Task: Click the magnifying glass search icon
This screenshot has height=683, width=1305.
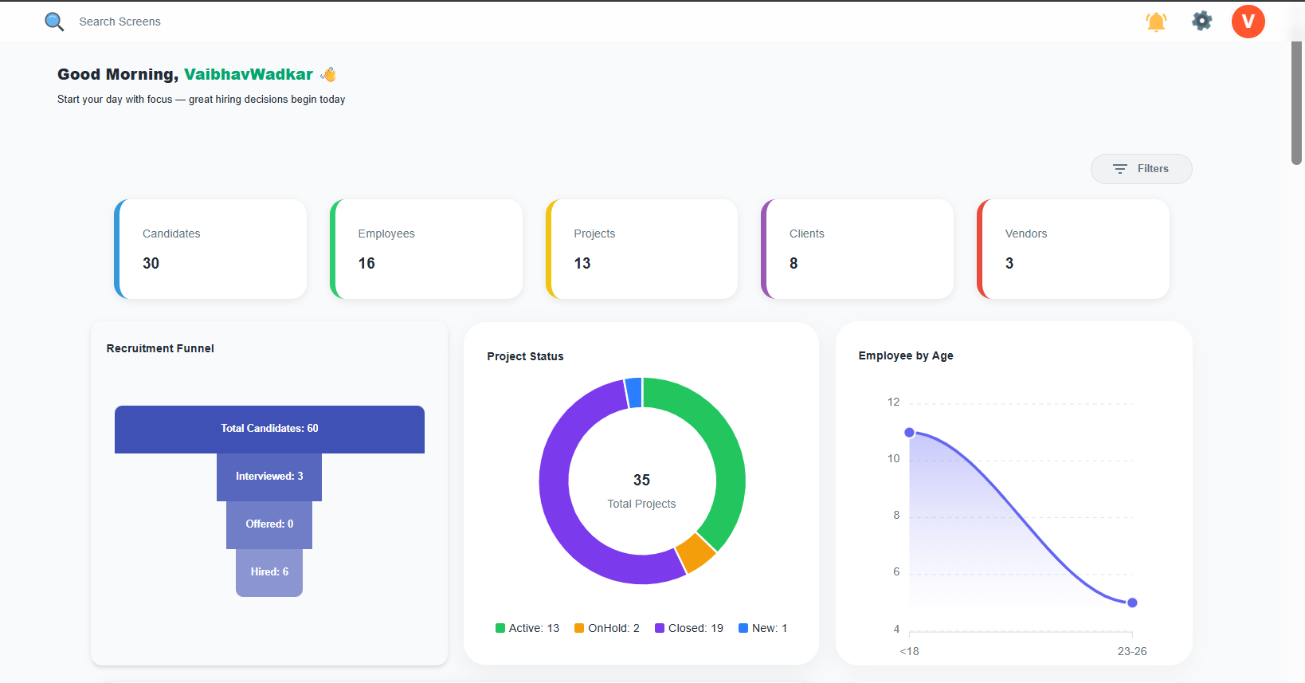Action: (x=54, y=22)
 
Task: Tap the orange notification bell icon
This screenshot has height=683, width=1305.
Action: (x=1156, y=22)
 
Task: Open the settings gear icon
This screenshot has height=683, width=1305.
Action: (x=1201, y=21)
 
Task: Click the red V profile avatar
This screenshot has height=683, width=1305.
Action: (x=1248, y=22)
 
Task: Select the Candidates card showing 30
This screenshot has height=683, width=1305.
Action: (x=211, y=249)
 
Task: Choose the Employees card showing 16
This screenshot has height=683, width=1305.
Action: (x=426, y=249)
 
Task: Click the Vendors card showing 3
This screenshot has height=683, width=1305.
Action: (x=1073, y=249)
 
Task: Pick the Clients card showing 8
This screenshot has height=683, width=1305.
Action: (x=857, y=249)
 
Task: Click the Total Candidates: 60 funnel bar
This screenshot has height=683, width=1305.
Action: (x=269, y=429)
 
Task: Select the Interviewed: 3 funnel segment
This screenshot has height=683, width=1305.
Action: (x=269, y=477)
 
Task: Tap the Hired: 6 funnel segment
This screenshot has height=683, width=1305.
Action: (x=269, y=572)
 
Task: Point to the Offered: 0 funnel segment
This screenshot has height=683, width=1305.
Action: (x=269, y=524)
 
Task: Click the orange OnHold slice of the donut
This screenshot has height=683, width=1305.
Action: (x=696, y=552)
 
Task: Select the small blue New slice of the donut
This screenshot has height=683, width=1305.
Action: (x=634, y=393)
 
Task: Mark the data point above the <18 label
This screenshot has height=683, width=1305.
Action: (x=909, y=432)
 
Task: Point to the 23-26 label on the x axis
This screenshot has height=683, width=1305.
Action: (x=1131, y=651)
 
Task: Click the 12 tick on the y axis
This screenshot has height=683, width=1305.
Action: (x=893, y=402)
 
